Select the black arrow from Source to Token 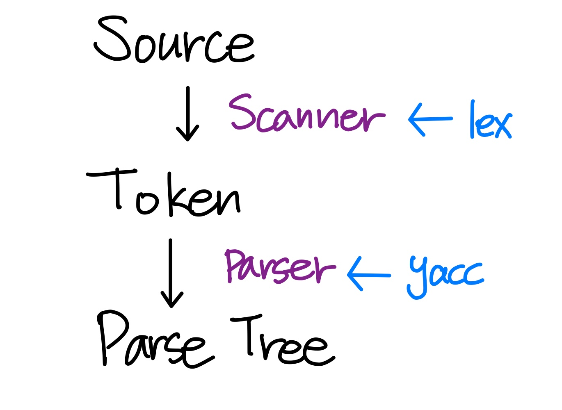pyautogui.click(x=188, y=114)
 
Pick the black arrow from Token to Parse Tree pyautogui.click(x=171, y=273)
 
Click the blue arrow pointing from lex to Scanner pyautogui.click(x=430, y=119)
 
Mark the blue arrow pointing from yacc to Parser pyautogui.click(x=368, y=275)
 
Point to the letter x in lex pyautogui.click(x=500, y=125)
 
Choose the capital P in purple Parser pyautogui.click(x=235, y=264)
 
